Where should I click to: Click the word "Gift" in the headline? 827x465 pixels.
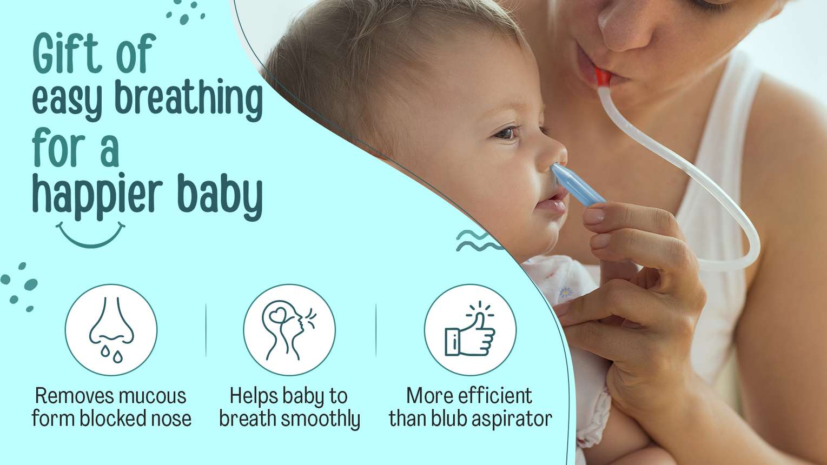[67, 53]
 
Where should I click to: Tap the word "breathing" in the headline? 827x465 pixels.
[189, 99]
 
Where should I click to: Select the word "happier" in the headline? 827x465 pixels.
[97, 196]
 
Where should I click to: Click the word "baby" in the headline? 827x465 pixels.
[220, 196]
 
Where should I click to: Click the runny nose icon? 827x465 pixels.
[111, 330]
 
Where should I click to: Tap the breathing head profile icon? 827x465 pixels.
[289, 330]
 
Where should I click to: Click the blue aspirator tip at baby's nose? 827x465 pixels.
[577, 184]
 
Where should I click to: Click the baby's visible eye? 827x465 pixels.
[507, 133]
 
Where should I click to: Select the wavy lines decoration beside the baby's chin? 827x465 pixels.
[479, 240]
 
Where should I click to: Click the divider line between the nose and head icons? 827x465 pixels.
[206, 330]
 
